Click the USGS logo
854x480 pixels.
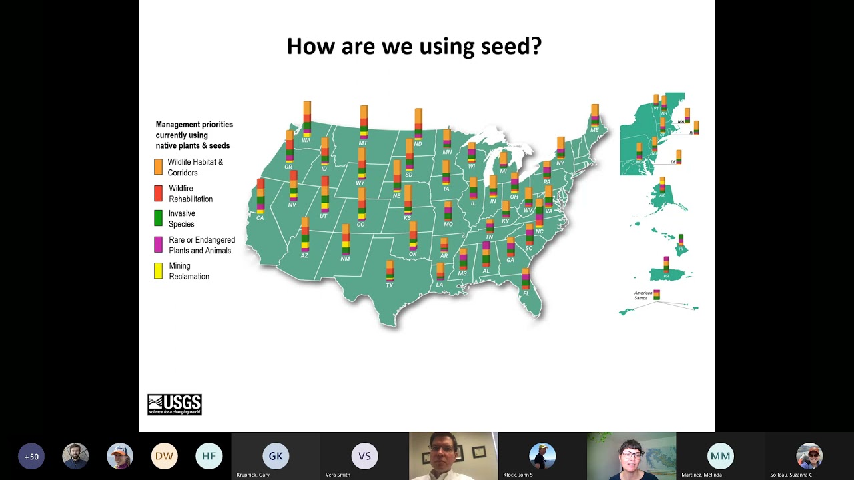tap(175, 405)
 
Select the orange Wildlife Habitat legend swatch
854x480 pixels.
tap(158, 167)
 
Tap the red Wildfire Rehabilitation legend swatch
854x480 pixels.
tap(158, 193)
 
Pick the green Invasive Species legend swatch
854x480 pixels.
tap(158, 218)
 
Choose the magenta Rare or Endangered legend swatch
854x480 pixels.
tap(158, 245)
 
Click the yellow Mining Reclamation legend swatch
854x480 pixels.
tap(158, 271)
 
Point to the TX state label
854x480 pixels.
tap(390, 285)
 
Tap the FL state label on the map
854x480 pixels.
tap(526, 293)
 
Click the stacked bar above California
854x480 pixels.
tap(260, 196)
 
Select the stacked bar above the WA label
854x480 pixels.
tap(307, 119)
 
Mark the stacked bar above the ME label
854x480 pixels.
tap(594, 115)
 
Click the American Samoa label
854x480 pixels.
tap(643, 295)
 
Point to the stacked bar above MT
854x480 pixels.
tap(364, 122)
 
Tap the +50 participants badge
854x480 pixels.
tap(31, 457)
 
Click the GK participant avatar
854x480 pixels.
tap(276, 456)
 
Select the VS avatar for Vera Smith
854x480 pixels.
tap(364, 456)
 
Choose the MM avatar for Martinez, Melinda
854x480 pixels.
tap(720, 456)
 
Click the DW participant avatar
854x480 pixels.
tap(164, 456)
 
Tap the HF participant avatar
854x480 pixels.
tap(209, 456)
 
